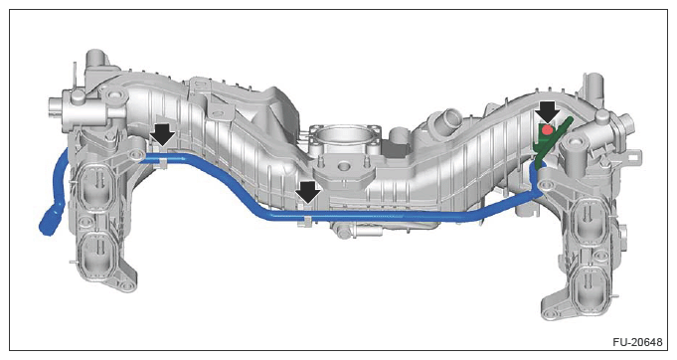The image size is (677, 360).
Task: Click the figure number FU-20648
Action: point(637,342)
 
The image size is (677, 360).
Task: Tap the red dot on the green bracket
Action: point(548,129)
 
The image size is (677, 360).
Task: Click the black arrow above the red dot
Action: point(548,112)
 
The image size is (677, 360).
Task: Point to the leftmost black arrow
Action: point(163,134)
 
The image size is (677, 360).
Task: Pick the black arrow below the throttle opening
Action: point(308,192)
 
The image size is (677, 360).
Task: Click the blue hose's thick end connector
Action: point(49,221)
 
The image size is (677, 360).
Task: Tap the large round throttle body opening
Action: point(345,138)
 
